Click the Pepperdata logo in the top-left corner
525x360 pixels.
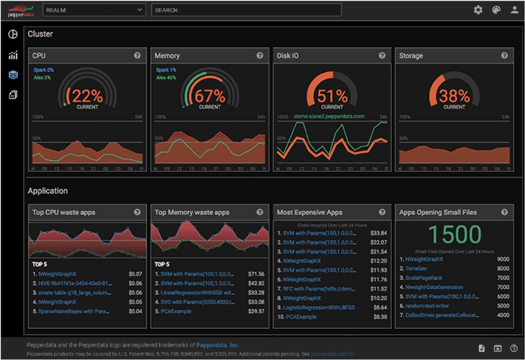pos(19,10)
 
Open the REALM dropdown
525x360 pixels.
pos(94,10)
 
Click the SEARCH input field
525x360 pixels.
pos(246,10)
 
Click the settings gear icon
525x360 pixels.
pos(478,10)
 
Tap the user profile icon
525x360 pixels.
pos(515,10)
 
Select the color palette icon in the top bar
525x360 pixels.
pos(497,10)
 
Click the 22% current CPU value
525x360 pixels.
pos(88,95)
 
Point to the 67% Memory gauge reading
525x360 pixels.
pos(210,95)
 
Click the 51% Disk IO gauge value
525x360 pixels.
pos(332,95)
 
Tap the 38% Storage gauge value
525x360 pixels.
pos(454,95)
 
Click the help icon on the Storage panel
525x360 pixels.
pos(505,56)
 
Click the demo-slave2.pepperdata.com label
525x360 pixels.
pos(330,116)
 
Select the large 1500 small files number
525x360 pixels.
pos(453,235)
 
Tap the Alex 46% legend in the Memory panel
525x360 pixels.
pos(167,77)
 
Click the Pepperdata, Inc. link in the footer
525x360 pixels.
pos(217,345)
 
